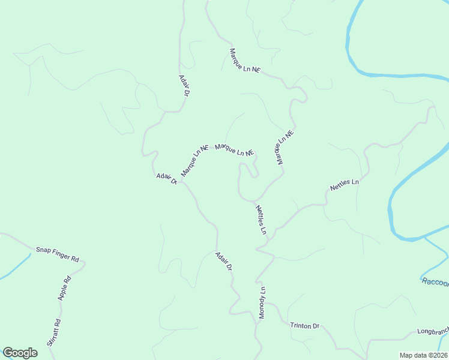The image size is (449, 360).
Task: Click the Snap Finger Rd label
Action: [x=58, y=254]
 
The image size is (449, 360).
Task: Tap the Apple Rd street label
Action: [x=64, y=289]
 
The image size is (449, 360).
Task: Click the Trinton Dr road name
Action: [x=304, y=326]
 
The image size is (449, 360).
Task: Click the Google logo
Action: [x=20, y=353]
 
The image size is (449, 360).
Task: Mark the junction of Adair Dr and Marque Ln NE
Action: [x=179, y=180]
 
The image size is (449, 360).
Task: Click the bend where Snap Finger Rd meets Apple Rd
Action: [x=85, y=262]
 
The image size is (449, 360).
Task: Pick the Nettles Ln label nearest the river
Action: [x=345, y=185]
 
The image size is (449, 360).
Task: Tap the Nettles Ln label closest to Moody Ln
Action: [x=261, y=220]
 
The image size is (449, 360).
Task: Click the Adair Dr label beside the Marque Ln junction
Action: [x=166, y=178]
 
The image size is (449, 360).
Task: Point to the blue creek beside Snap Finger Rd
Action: [x=15, y=268]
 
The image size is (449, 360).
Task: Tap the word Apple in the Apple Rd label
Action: [x=63, y=292]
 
